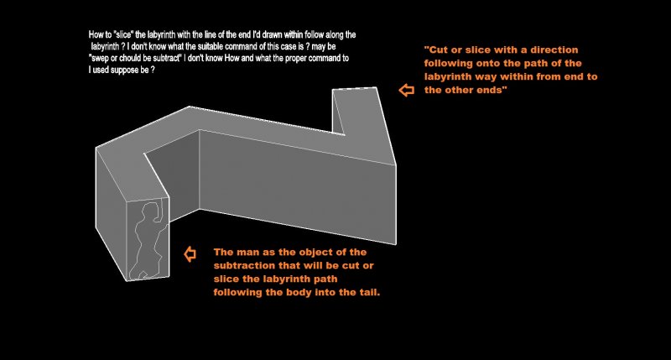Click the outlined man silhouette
click(x=148, y=240)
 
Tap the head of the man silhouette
click(x=150, y=208)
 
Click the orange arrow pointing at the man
click(x=190, y=253)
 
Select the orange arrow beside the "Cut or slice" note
click(x=407, y=91)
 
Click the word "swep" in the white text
click(x=100, y=58)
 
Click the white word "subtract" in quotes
click(x=166, y=58)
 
